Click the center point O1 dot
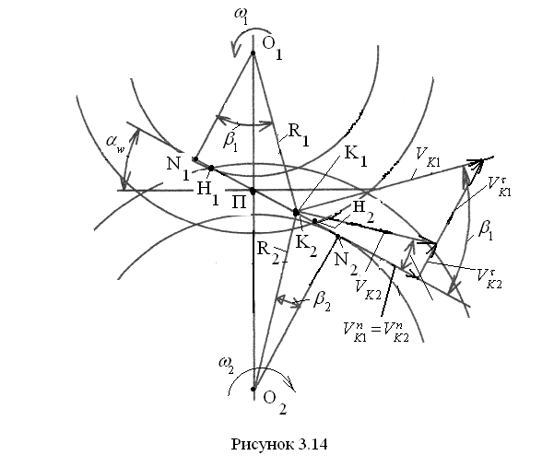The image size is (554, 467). pyautogui.click(x=253, y=53)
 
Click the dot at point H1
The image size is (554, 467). pyautogui.click(x=210, y=168)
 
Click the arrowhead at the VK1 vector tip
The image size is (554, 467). pyautogui.click(x=480, y=163)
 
